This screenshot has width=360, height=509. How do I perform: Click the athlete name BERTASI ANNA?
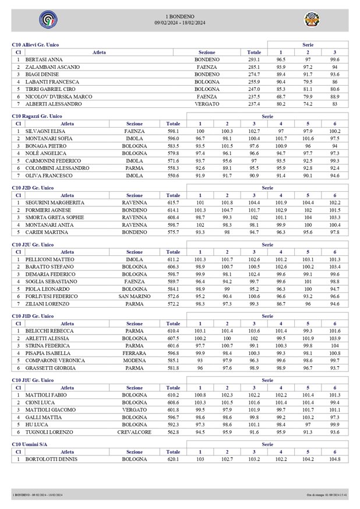coord(44,59)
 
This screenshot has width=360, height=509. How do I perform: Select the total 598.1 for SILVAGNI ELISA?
coord(173,131)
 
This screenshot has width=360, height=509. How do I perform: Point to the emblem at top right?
coord(311,20)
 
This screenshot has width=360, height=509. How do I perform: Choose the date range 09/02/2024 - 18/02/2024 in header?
coord(180,23)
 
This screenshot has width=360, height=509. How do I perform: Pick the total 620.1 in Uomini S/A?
coord(173,459)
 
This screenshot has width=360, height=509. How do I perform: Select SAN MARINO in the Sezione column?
coord(134,296)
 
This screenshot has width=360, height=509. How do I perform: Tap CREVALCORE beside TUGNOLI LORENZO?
coord(134,432)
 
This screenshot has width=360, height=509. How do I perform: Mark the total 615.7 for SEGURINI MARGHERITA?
coord(173,202)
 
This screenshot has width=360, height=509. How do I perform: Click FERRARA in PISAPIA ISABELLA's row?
coord(134,353)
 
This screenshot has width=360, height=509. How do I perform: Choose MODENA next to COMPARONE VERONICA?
coord(134,360)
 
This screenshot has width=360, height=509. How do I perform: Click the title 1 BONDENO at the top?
coord(180,16)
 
